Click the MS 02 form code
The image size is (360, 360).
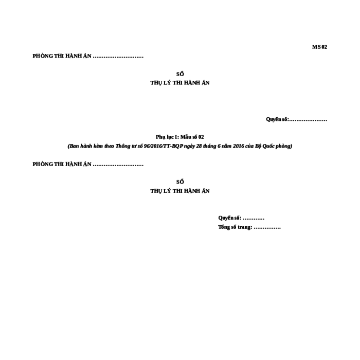319,47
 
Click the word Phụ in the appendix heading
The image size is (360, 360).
160,137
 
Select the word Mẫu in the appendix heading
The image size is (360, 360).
186,137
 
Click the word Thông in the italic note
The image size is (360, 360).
122,146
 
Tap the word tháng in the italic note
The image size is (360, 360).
210,146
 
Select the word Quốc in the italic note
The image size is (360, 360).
268,146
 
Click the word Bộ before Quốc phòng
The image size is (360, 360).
258,146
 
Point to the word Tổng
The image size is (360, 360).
224,227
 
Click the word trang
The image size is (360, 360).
245,227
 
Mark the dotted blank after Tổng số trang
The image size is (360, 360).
267,228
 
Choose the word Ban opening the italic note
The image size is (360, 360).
74,146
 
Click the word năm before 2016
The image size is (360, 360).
227,146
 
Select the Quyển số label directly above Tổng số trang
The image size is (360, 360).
229,218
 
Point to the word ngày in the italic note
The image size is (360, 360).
189,147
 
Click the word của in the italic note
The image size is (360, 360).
249,146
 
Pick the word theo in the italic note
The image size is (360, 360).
109,146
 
